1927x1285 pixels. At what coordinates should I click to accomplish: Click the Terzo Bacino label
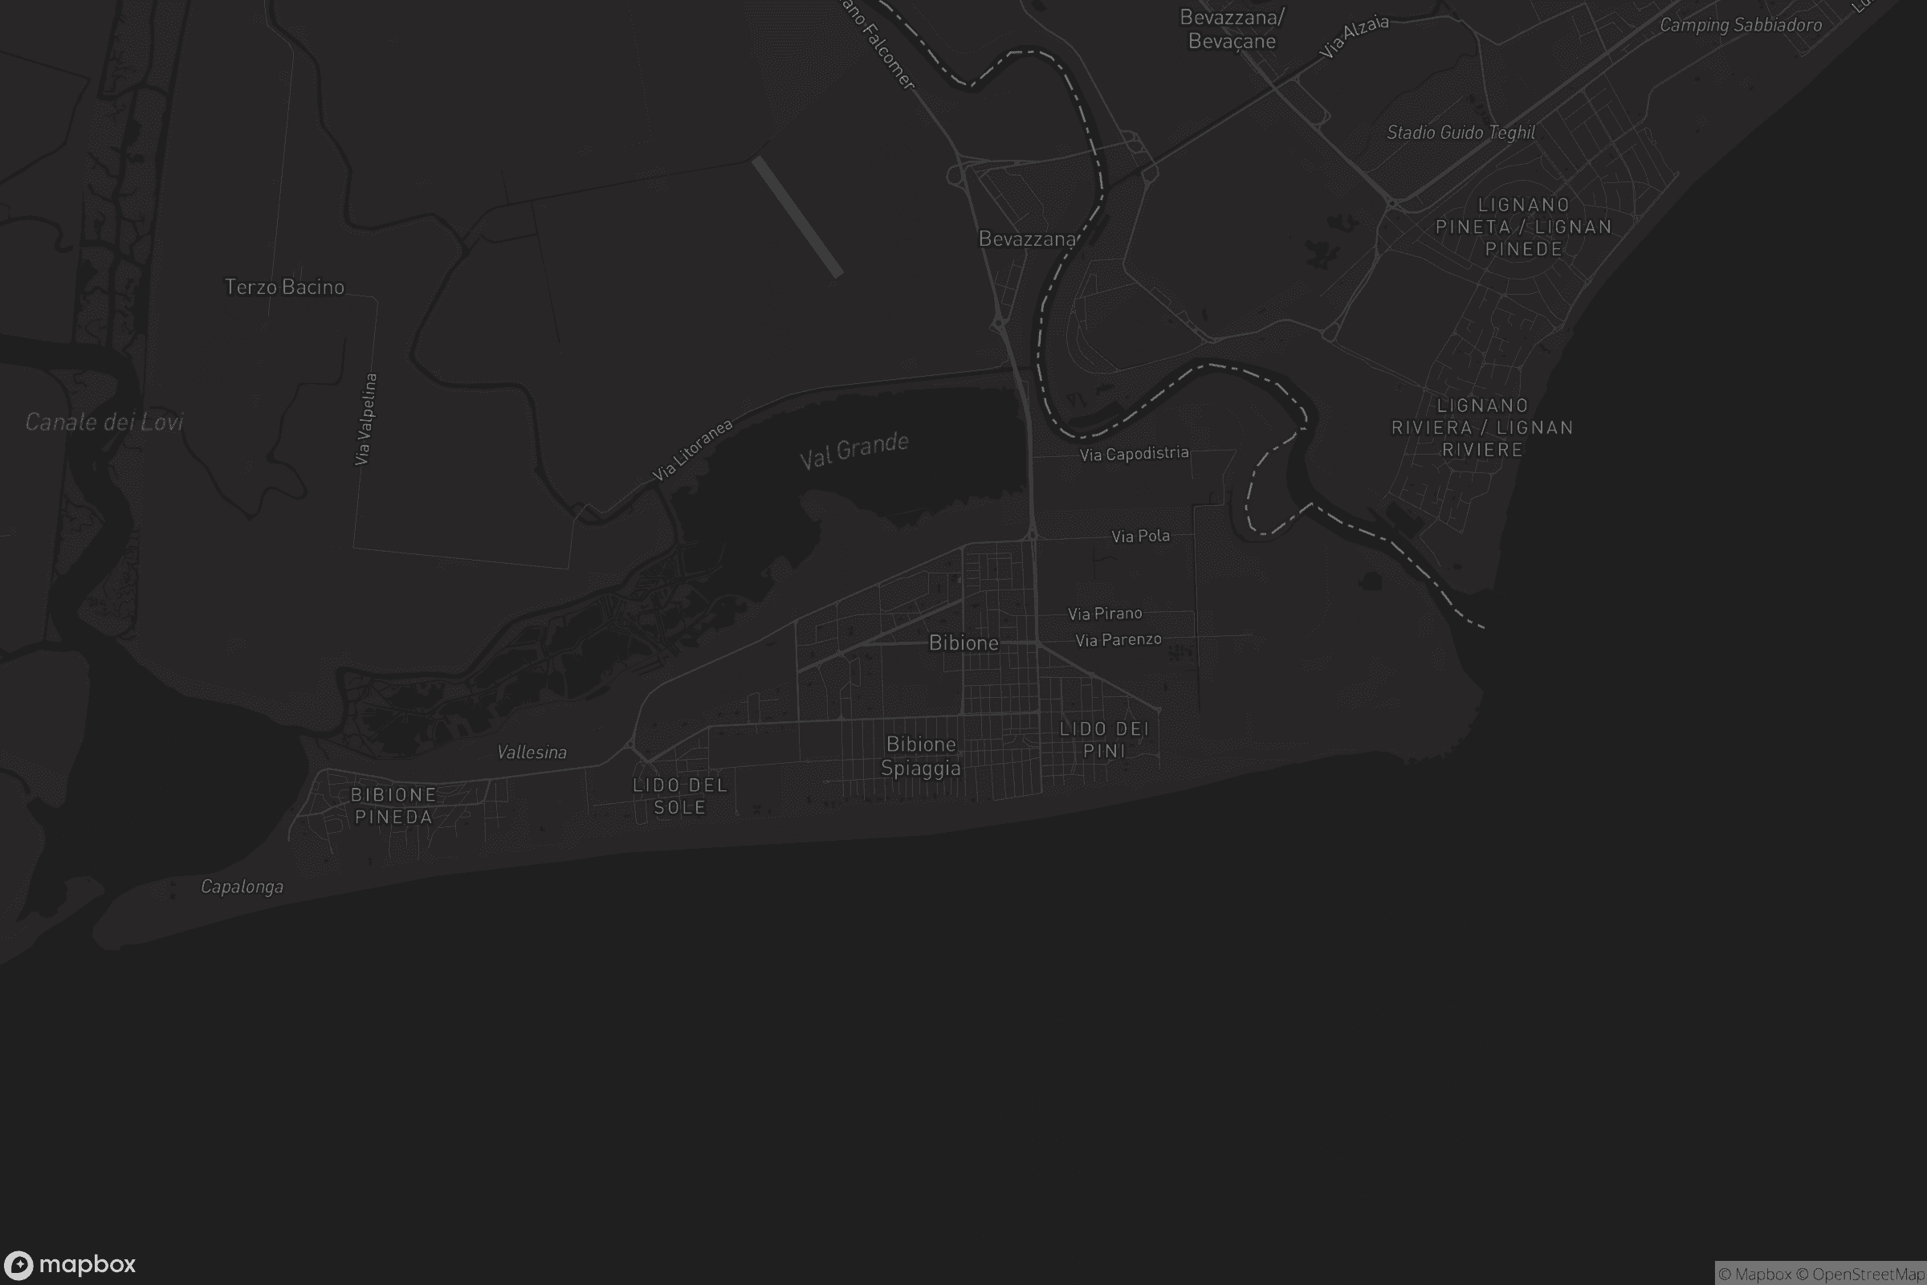tap(284, 287)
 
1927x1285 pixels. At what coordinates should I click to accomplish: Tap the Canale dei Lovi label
tap(104, 422)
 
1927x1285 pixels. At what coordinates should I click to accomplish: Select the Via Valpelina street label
tap(365, 419)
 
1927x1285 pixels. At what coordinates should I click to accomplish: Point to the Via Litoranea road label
tap(691, 450)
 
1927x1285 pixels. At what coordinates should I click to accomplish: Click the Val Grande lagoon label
tap(854, 450)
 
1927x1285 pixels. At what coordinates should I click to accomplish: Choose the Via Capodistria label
tap(1134, 453)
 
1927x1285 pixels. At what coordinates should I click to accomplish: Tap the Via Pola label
tap(1140, 536)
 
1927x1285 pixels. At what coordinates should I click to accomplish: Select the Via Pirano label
tap(1105, 613)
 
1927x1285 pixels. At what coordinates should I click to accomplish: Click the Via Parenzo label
tap(1118, 639)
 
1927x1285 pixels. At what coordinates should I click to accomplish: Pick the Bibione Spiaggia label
tap(921, 756)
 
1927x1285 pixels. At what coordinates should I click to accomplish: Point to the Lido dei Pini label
tap(1105, 739)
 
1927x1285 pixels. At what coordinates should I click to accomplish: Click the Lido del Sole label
tap(680, 796)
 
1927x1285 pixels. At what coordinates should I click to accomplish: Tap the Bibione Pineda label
tap(393, 806)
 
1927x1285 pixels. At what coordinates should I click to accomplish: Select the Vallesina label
tap(532, 753)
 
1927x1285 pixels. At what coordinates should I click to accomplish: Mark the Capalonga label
tap(242, 887)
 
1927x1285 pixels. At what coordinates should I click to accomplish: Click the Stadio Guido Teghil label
tap(1461, 133)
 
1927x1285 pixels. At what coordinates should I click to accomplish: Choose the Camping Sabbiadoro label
tap(1740, 26)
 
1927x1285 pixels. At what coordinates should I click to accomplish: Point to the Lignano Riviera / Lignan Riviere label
tap(1482, 427)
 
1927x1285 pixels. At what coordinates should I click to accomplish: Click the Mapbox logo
tap(69, 1264)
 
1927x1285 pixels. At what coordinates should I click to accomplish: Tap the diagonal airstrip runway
tap(797, 216)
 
